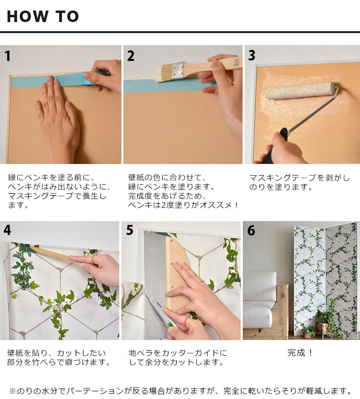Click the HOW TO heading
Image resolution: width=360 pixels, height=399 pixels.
[x=43, y=16]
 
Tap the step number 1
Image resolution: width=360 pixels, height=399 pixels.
[x=8, y=56]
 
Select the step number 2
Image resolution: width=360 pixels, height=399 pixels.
[x=131, y=56]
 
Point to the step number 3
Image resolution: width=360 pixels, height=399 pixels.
[x=252, y=56]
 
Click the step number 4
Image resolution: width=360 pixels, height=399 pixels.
[x=7, y=230]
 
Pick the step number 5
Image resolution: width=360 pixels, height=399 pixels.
[x=130, y=230]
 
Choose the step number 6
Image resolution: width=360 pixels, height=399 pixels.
[x=251, y=231]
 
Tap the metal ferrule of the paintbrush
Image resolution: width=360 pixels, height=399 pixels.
[x=178, y=70]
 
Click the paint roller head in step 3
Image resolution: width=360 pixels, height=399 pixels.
[x=300, y=91]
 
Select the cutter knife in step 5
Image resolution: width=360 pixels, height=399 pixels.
[x=160, y=312]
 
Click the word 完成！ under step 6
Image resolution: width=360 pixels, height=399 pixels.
[x=300, y=353]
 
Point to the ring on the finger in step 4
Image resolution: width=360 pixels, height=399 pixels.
[x=94, y=259]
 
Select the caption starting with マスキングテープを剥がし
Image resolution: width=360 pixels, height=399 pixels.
[x=300, y=182]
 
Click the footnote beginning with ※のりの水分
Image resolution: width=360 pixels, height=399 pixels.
[x=180, y=390]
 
